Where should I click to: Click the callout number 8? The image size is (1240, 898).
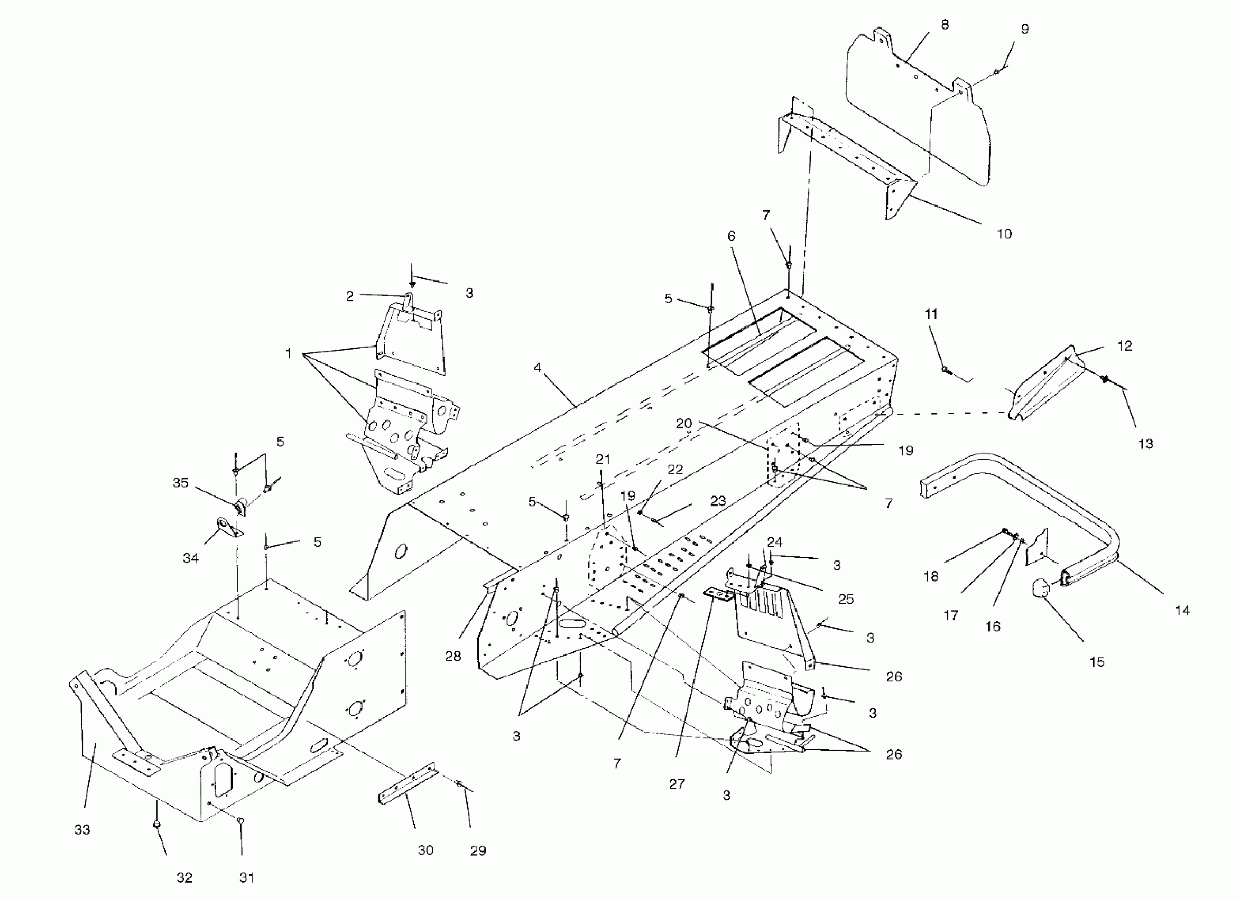click(x=945, y=25)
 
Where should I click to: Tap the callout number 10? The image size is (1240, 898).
click(x=1004, y=234)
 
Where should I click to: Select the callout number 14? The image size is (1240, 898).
click(x=1182, y=611)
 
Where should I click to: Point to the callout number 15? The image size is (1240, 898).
click(x=1097, y=662)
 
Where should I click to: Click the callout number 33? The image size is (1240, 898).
click(x=82, y=830)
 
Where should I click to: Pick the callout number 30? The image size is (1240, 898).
click(x=425, y=850)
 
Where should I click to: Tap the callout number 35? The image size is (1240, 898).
click(x=180, y=483)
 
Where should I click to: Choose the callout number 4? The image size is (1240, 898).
click(x=538, y=368)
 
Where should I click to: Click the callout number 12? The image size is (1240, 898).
click(x=1124, y=346)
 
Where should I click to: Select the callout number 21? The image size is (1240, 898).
click(x=603, y=460)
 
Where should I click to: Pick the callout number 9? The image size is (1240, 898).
click(x=1024, y=29)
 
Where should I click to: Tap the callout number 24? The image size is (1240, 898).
click(x=774, y=541)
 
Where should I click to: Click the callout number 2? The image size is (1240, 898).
click(x=349, y=296)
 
